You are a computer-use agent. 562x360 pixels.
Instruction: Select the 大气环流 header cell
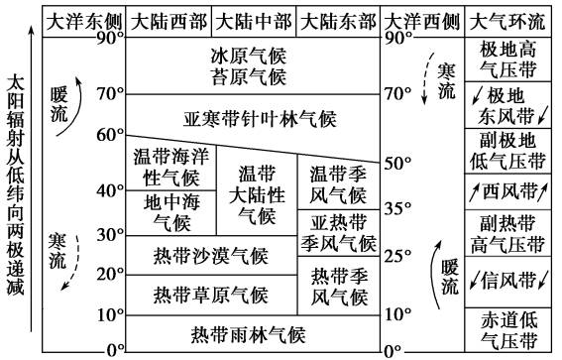click(508, 21)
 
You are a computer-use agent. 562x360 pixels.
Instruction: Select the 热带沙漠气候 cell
click(210, 256)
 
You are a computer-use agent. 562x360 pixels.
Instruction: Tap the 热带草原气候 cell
click(210, 294)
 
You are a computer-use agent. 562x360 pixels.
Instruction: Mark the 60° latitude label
click(109, 134)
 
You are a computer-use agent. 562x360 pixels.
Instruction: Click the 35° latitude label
click(398, 209)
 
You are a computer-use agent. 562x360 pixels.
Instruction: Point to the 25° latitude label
click(398, 257)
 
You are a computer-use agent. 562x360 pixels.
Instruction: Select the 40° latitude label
click(109, 189)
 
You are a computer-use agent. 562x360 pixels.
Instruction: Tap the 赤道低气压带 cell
click(508, 330)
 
